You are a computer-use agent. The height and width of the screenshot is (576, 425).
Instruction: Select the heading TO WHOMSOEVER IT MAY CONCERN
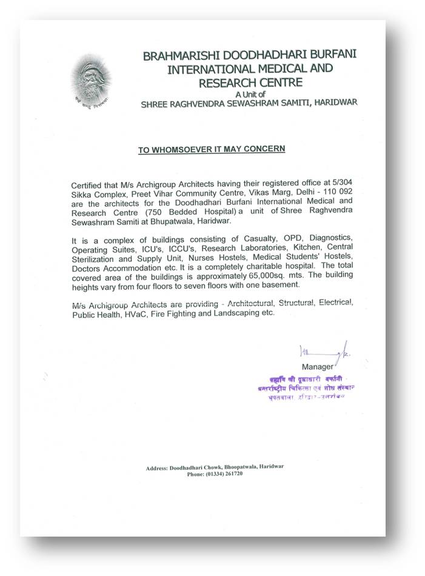[212, 149]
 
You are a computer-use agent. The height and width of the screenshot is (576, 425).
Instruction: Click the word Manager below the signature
[317, 366]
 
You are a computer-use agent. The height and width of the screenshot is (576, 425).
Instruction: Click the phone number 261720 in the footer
[232, 474]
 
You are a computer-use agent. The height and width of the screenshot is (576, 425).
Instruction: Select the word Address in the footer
[158, 467]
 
